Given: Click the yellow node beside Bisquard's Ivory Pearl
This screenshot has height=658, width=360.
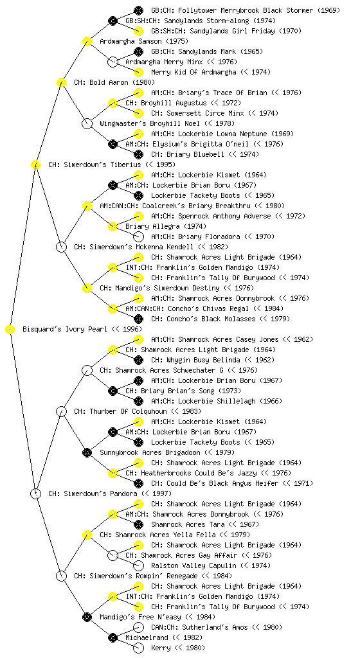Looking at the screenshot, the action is pyautogui.click(x=10, y=330).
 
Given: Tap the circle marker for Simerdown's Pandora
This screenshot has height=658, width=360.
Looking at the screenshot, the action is pyautogui.click(x=36, y=494).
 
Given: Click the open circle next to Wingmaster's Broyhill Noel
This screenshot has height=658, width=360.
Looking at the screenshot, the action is pyautogui.click(x=87, y=124).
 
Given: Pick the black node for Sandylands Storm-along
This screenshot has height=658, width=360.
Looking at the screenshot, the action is pyautogui.click(x=113, y=21).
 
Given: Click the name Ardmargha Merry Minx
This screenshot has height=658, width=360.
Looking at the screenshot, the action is pyautogui.click(x=164, y=62).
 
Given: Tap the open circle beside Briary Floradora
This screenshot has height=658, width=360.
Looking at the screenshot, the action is pyautogui.click(x=138, y=236).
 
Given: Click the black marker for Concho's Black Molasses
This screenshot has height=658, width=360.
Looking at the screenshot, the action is pyautogui.click(x=138, y=319).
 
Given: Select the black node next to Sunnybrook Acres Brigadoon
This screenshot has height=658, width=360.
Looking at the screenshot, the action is pyautogui.click(x=87, y=453).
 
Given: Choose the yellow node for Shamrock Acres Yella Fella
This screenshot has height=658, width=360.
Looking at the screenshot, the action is pyautogui.click(x=87, y=535).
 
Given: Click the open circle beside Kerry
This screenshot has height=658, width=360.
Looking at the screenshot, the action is pyautogui.click(x=138, y=648).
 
